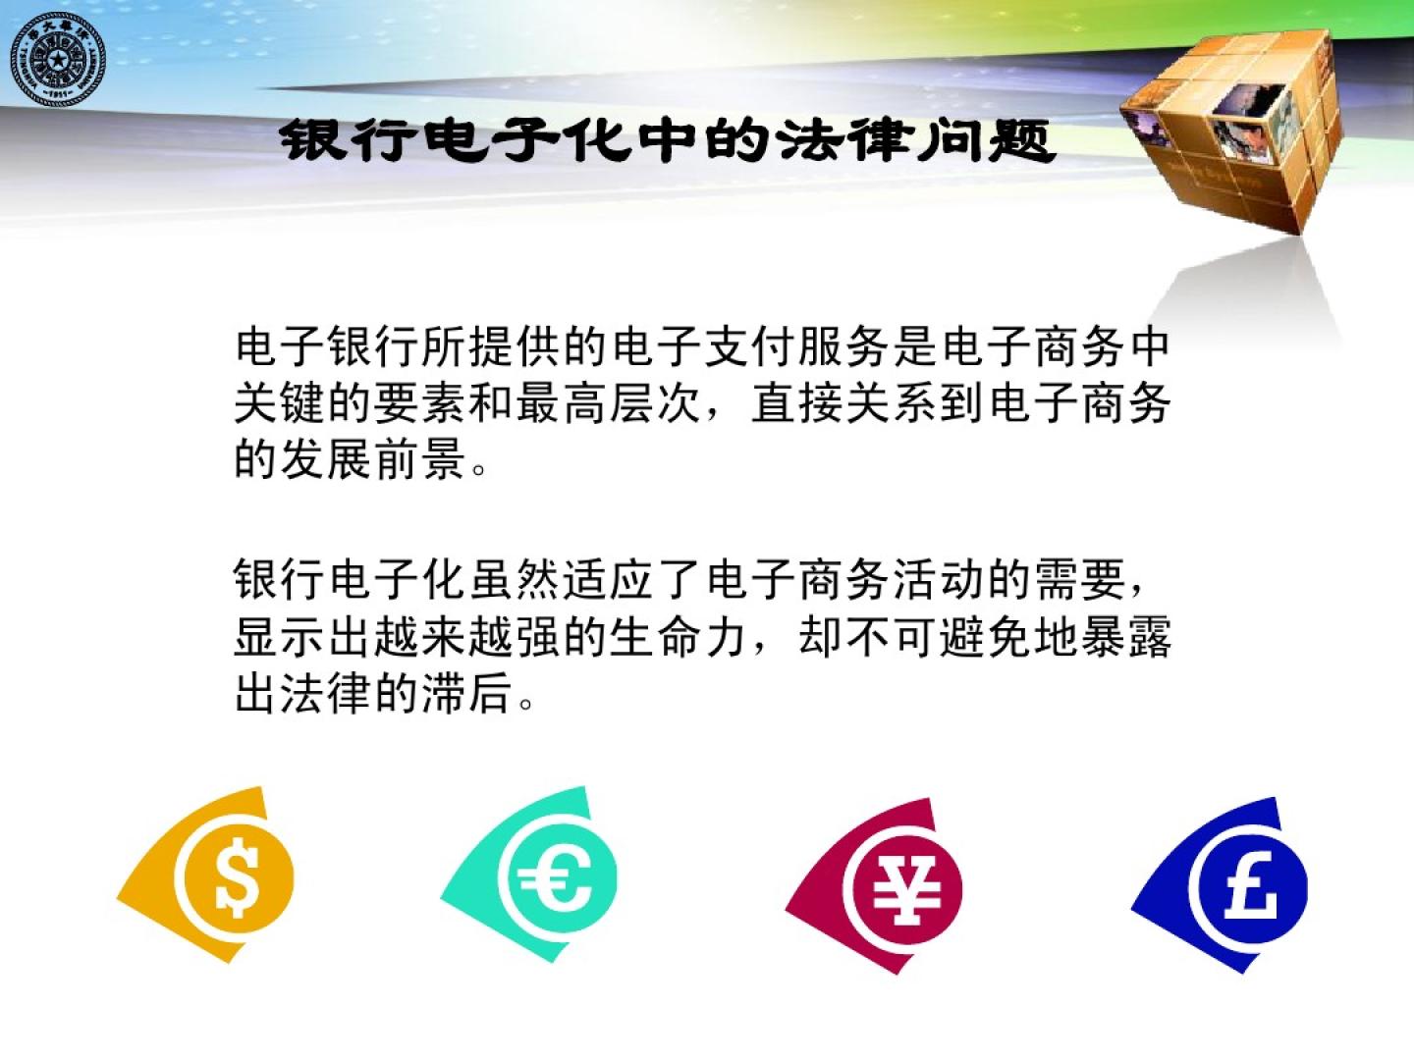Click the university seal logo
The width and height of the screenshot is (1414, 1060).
pyautogui.click(x=58, y=61)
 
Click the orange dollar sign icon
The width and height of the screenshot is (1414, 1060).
pyautogui.click(x=206, y=874)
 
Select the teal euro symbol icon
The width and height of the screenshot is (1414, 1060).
pyautogui.click(x=529, y=874)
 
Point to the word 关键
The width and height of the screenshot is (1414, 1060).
pyautogui.click(x=280, y=403)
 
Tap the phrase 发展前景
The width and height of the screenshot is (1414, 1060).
pyautogui.click(x=374, y=459)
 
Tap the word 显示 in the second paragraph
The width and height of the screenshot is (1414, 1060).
pyautogui.click(x=280, y=637)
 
